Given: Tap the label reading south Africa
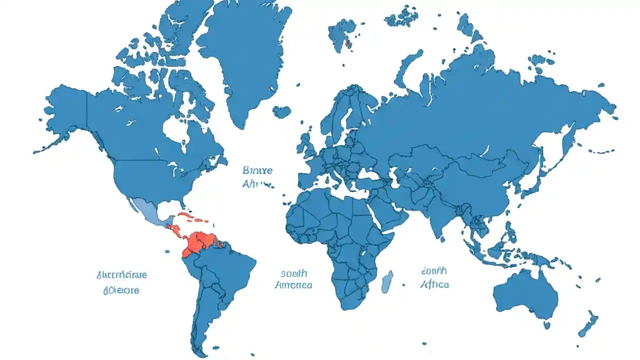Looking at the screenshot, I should (434, 277).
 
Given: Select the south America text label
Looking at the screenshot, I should (293, 279).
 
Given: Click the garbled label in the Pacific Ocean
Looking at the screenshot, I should (121, 282).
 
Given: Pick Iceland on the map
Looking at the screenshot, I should (281, 111).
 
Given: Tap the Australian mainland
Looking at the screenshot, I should (525, 295).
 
